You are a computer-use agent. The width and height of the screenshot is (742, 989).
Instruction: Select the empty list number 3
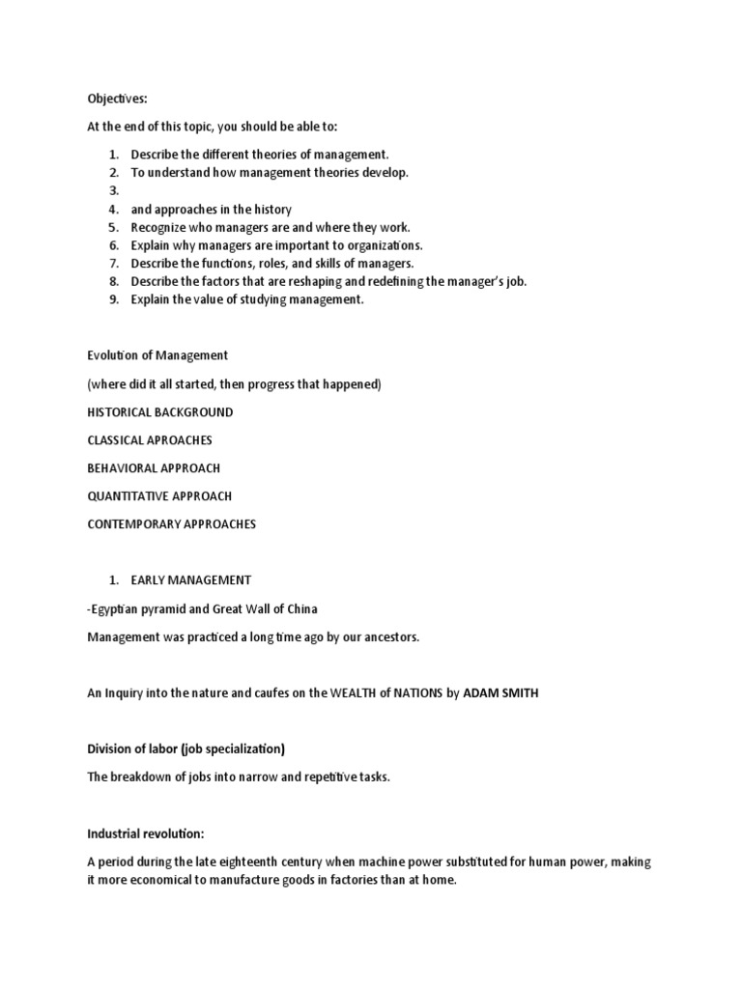[113, 190]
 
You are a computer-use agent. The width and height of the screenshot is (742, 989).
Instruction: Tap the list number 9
[113, 299]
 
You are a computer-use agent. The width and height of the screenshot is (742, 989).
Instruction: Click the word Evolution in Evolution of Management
[115, 355]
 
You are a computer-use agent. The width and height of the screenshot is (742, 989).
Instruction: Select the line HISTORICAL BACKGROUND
[160, 411]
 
